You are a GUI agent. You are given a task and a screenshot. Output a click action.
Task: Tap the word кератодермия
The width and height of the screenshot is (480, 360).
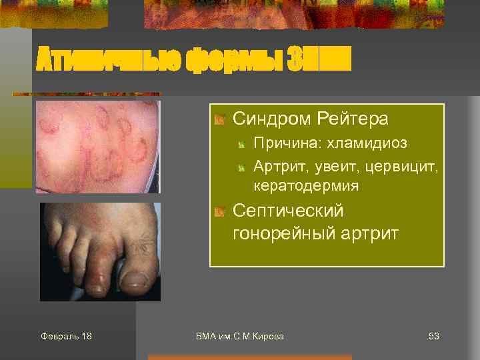[306, 186]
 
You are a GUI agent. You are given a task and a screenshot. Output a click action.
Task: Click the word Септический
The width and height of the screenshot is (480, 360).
[288, 211]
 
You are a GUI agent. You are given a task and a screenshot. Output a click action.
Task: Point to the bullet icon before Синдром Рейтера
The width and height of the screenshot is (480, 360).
[219, 120]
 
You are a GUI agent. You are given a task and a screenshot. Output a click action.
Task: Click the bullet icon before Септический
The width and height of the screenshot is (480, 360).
[219, 212]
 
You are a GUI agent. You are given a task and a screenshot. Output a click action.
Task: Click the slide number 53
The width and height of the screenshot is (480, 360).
[433, 336]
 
